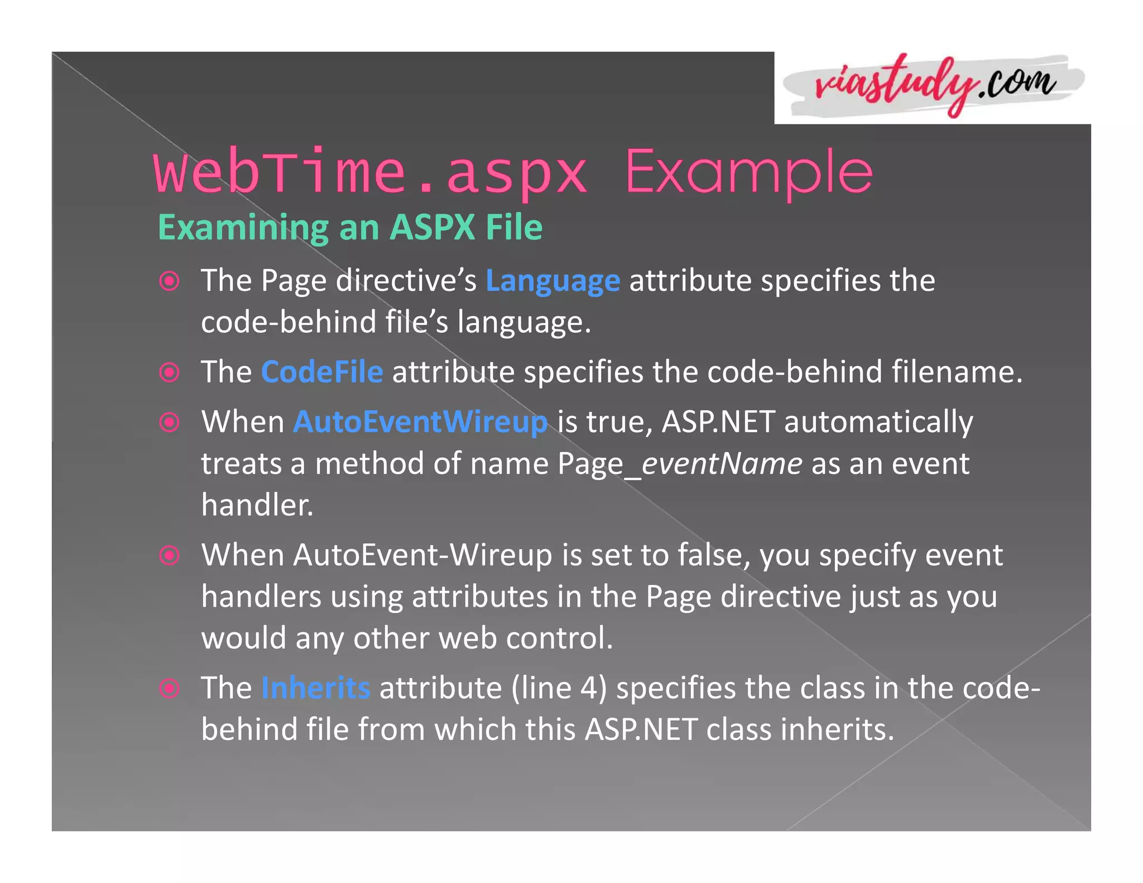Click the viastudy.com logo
pos(934,87)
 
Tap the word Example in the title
pos(748,172)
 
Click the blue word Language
pos(553,281)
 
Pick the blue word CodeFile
pos(322,372)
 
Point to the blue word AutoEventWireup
pos(420,422)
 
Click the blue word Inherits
pos(315,688)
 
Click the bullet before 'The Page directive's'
pos(169,281)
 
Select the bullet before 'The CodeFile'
pos(169,372)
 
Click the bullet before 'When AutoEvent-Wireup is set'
pos(169,555)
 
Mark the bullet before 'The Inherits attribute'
pos(169,688)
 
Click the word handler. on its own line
pos(257,505)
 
